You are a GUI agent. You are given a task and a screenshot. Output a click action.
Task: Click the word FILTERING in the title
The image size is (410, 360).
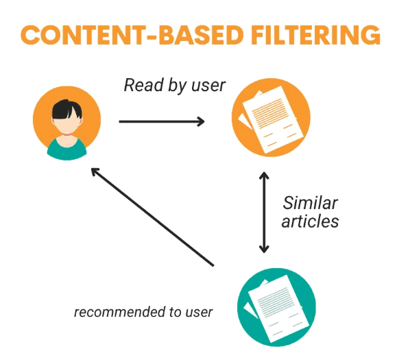[x=315, y=35]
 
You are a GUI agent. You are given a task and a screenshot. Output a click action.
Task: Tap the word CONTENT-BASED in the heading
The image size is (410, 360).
[x=132, y=35]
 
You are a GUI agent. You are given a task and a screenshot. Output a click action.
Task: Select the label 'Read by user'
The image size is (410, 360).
[x=174, y=85]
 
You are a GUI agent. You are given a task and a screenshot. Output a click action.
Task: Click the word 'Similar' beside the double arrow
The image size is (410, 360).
[x=311, y=203]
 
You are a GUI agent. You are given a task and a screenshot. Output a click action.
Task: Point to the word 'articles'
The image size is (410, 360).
[x=310, y=221]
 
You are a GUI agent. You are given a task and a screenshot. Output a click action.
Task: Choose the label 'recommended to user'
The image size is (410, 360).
[x=143, y=312]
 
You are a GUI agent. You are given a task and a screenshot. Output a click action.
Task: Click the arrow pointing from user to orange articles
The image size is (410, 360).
[x=162, y=121]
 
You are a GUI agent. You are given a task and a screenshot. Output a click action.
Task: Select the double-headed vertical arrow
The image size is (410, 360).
[x=264, y=213]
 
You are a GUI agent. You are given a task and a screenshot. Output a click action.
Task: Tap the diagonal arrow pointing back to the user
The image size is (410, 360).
[x=152, y=217]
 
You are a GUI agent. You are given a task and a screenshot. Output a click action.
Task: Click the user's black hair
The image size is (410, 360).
[x=67, y=109]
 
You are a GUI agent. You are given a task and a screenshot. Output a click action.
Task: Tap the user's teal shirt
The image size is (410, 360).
[x=67, y=149]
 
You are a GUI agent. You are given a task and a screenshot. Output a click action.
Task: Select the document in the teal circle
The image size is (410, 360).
[x=278, y=309]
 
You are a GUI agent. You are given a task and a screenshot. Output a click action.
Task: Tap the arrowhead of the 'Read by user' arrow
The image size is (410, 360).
[x=201, y=121]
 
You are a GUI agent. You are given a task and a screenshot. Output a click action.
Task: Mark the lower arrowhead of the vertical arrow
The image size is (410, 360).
[x=264, y=249]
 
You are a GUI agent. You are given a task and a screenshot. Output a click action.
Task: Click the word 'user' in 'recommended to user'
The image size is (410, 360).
[x=199, y=313]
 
